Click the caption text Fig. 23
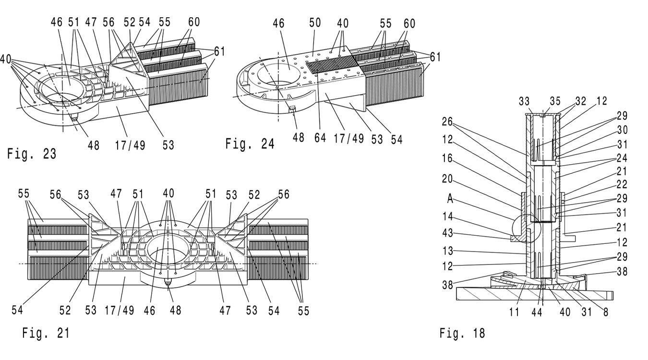(31, 154)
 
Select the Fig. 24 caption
(250, 144)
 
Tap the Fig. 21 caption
(46, 333)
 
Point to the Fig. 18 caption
(462, 333)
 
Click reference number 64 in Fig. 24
(320, 138)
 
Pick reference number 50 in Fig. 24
(315, 23)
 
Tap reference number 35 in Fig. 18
(555, 101)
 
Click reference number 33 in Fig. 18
(525, 101)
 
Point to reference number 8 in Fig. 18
(606, 312)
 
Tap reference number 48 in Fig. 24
(299, 138)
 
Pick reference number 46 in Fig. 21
(150, 311)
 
